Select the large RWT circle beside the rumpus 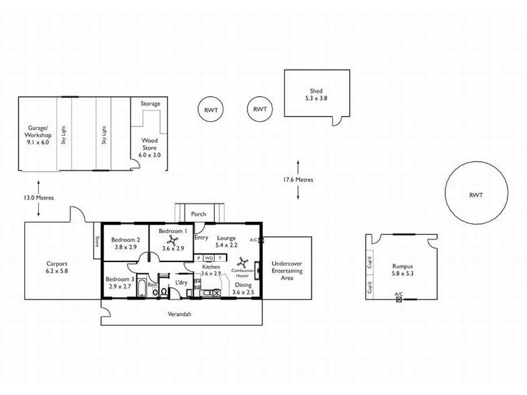coord(476,195)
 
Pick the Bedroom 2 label coord(124,244)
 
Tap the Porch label coord(198,214)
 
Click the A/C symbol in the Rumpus coord(399,299)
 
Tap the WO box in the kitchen coord(208,258)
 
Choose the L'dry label coord(180,283)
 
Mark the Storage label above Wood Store coord(150,103)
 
